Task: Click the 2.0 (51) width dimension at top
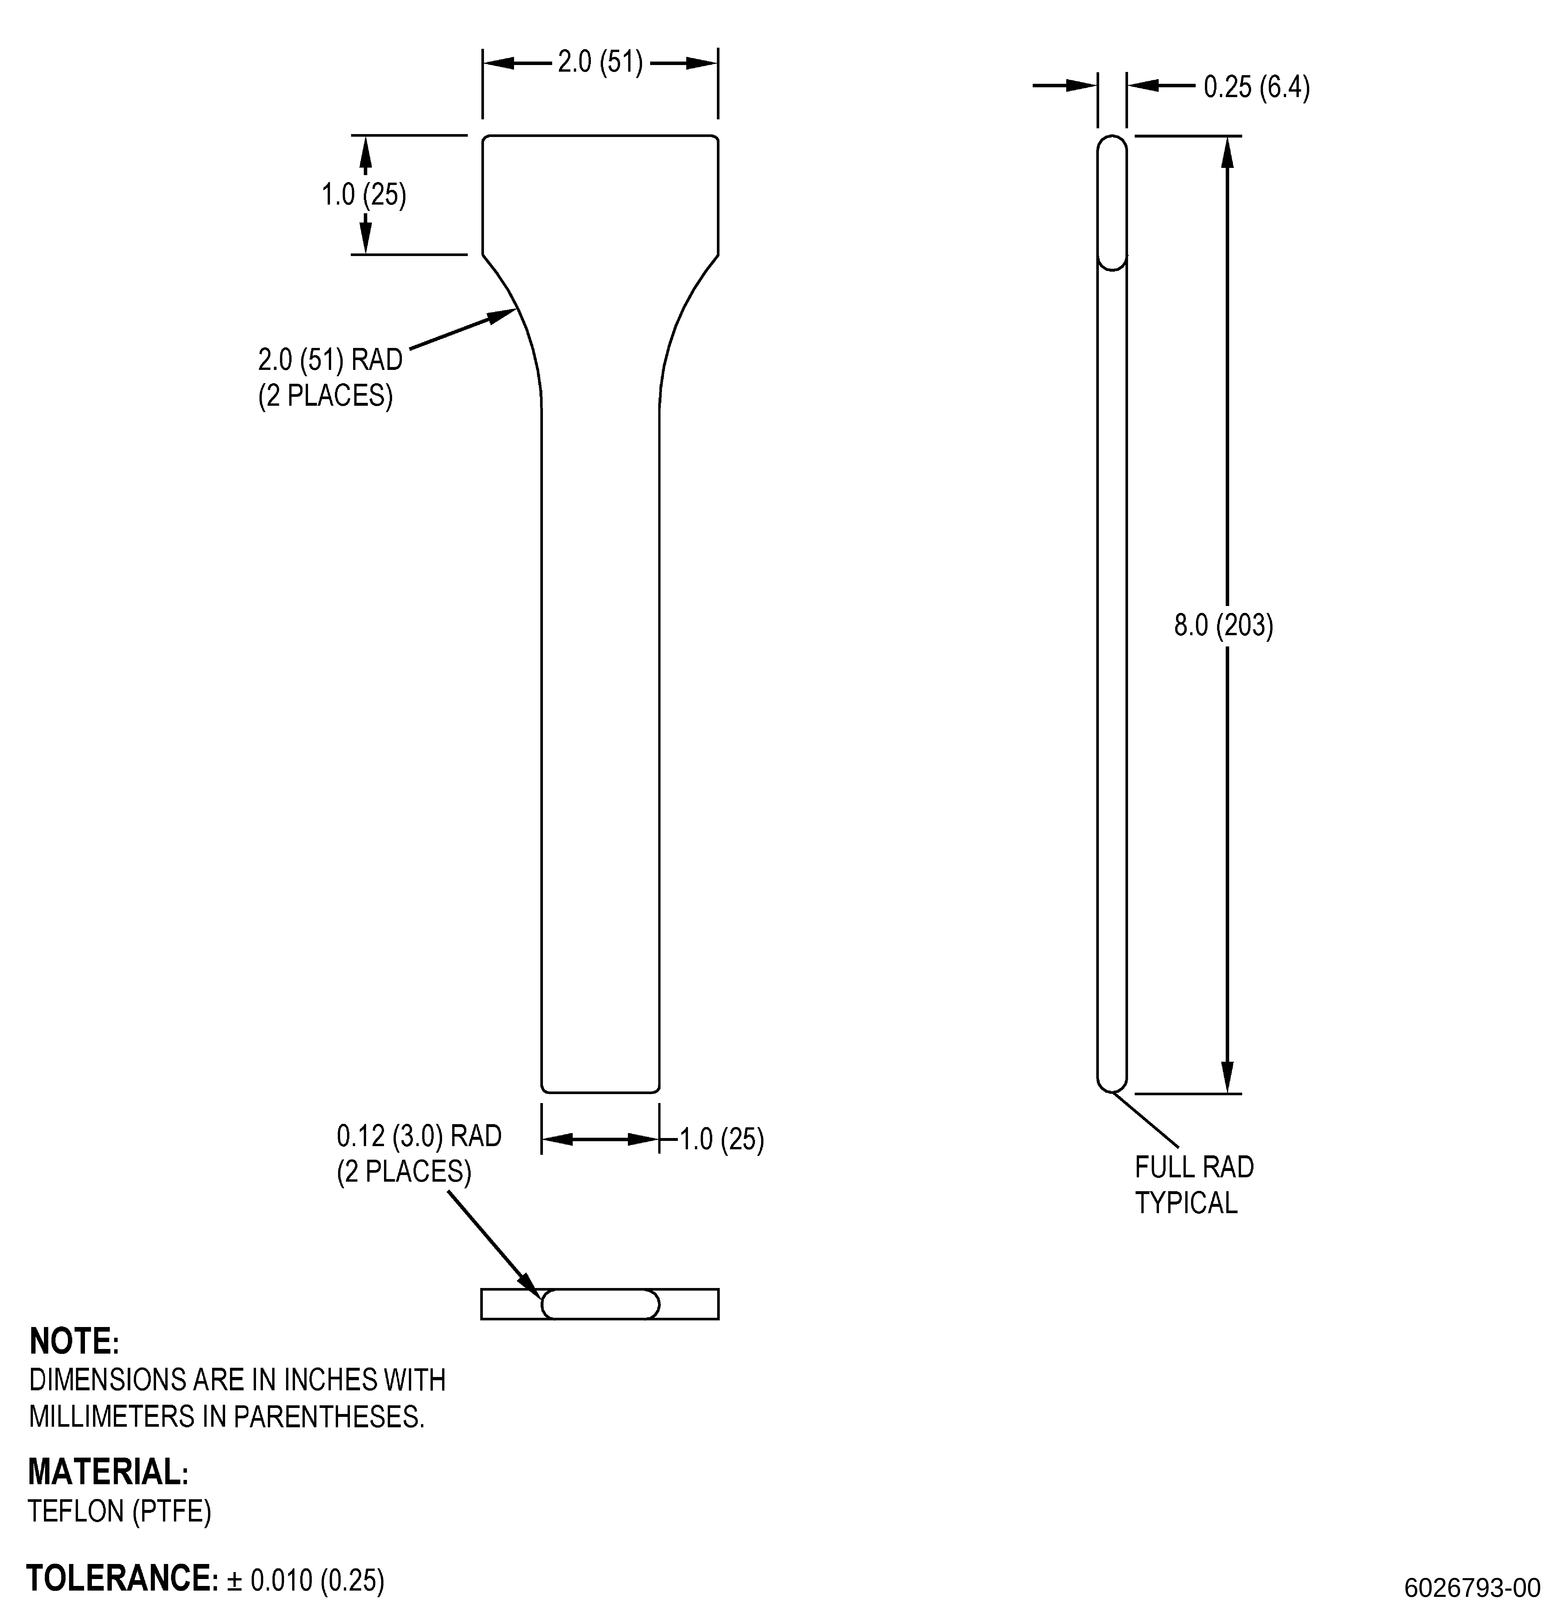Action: coord(600,63)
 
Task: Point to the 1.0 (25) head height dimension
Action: coord(363,194)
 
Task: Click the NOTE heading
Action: coord(74,1341)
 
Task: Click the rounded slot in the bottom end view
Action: coord(600,1304)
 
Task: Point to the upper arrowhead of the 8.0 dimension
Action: coord(1227,152)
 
